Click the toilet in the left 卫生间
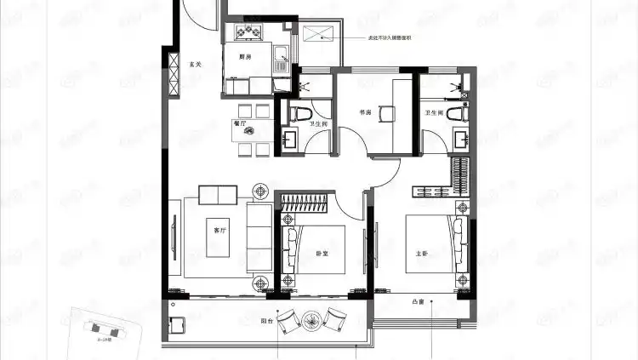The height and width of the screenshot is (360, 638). [x=297, y=112]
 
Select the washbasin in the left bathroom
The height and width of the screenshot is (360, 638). [x=291, y=138]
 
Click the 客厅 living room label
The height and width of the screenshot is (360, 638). [x=219, y=230]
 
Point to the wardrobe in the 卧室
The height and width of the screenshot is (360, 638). [x=305, y=203]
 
